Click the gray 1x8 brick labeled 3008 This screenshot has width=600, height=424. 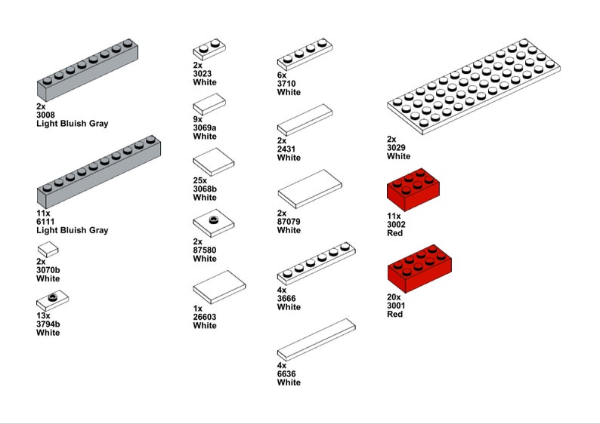pyautogui.click(x=87, y=72)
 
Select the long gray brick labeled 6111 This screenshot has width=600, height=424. pyautogui.click(x=98, y=172)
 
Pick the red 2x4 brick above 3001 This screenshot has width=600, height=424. pyautogui.click(x=419, y=268)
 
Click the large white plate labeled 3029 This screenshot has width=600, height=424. pyautogui.click(x=475, y=86)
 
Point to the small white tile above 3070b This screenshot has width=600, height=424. pyautogui.click(x=48, y=250)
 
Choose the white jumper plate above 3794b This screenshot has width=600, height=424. pyautogui.click(x=52, y=300)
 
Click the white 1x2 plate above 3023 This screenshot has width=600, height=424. pyautogui.click(x=209, y=51)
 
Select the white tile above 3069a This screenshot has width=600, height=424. pyautogui.click(x=209, y=103)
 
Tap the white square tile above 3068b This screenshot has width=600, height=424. pyautogui.click(x=213, y=161)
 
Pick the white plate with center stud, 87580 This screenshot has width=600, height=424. pyautogui.click(x=213, y=223)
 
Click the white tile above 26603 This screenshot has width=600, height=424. pyautogui.click(x=219, y=287)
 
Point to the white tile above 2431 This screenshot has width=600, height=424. pyautogui.click(x=305, y=119)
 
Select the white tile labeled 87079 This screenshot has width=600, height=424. pyautogui.click(x=310, y=189)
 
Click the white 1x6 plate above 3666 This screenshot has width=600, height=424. pyautogui.click(x=316, y=262)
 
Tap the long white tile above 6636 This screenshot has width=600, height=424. pyautogui.click(x=316, y=339)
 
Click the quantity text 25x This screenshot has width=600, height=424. pyautogui.click(x=200, y=180)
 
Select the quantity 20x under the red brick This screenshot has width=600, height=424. pyautogui.click(x=394, y=297)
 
